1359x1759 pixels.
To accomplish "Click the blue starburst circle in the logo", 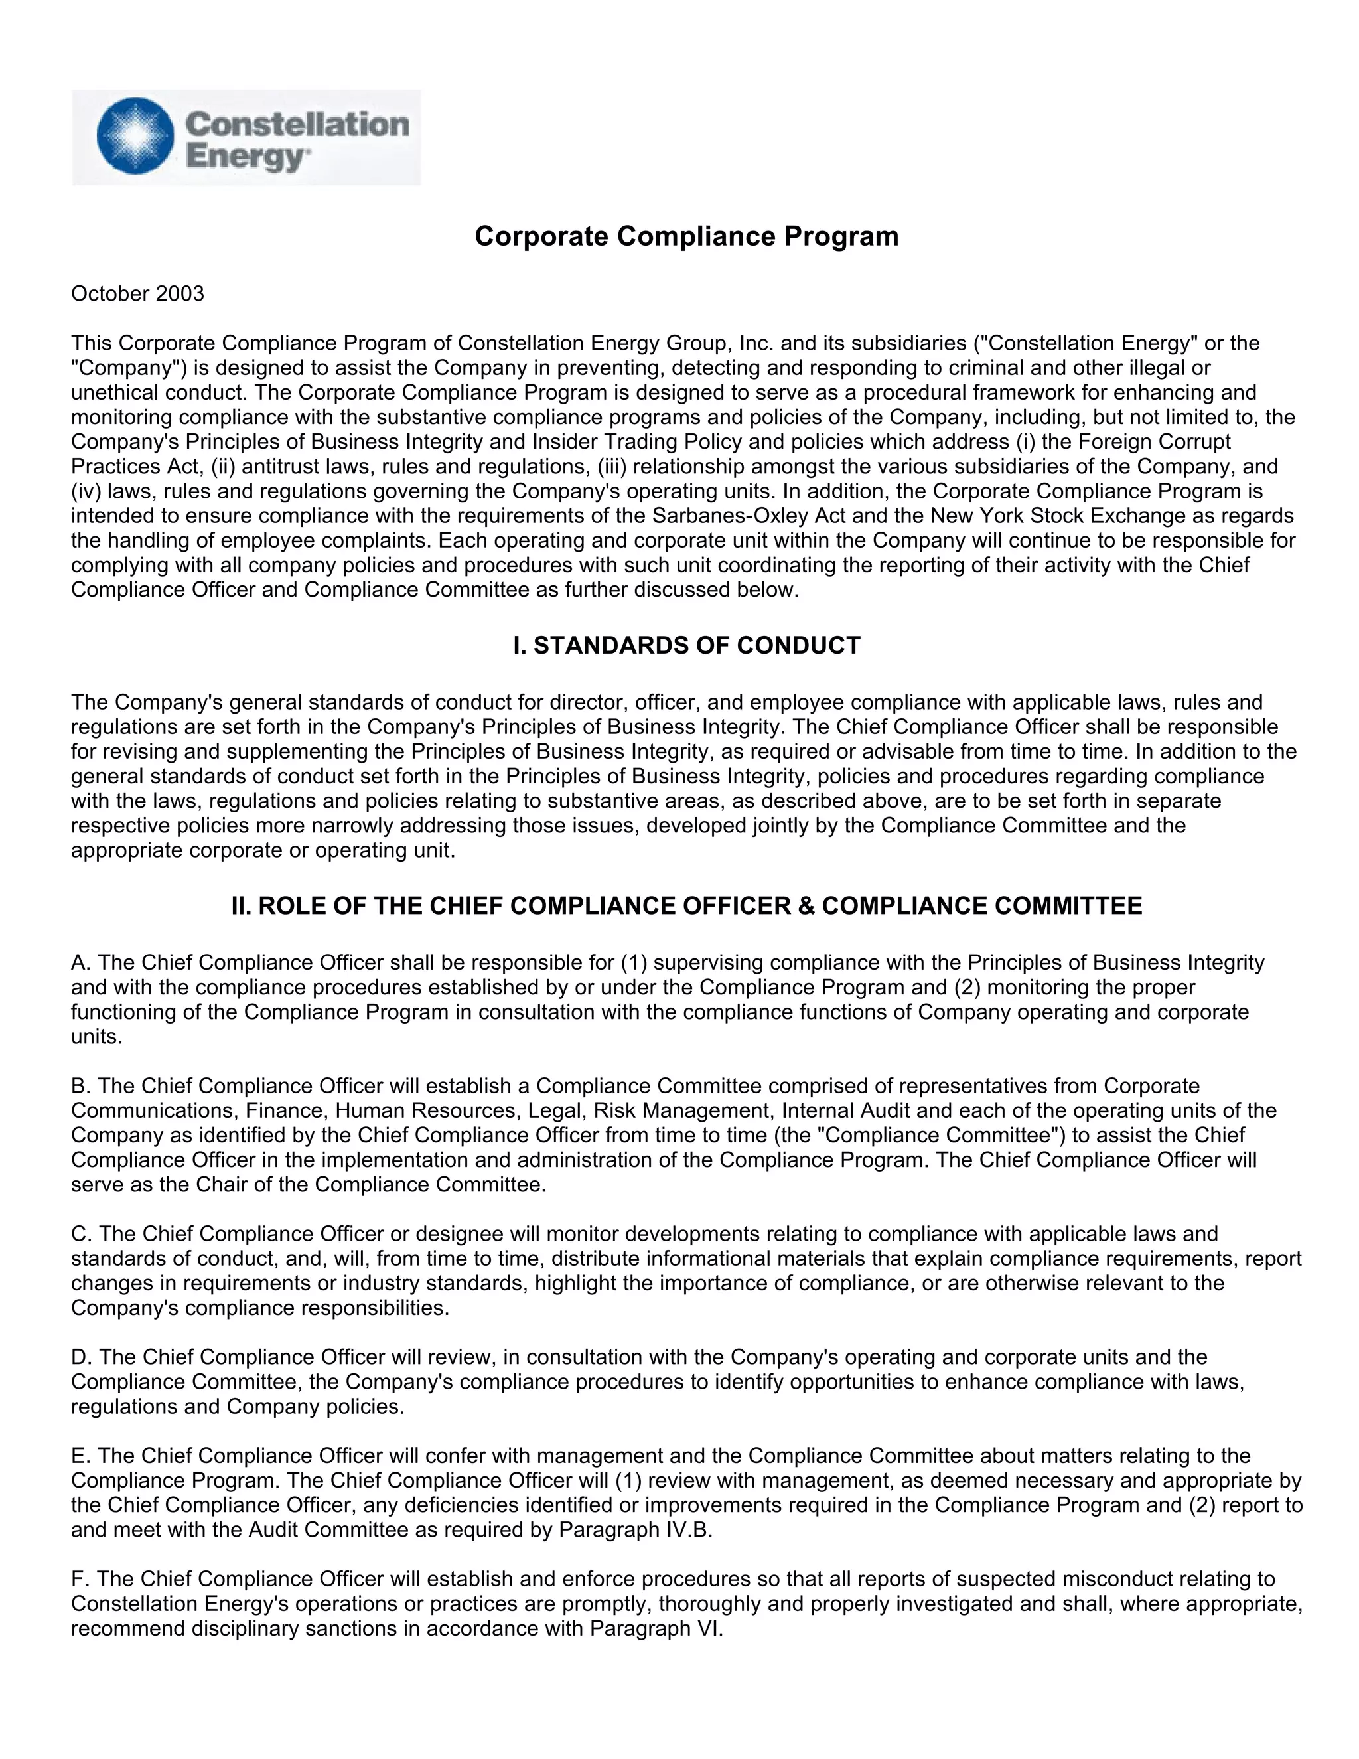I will click(135, 136).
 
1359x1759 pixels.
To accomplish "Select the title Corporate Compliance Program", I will click(686, 236).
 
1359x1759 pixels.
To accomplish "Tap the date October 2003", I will click(137, 294).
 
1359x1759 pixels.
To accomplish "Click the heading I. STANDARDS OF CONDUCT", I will click(686, 645).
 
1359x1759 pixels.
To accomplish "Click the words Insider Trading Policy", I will click(623, 441).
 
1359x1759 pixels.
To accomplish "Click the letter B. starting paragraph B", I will click(80, 1086).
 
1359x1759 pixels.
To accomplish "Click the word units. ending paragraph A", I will click(97, 1037).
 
